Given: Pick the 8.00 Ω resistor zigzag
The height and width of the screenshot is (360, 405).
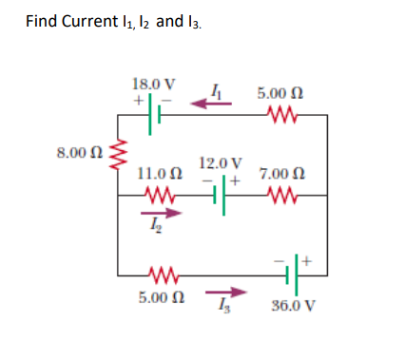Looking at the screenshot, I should pyautogui.click(x=118, y=156).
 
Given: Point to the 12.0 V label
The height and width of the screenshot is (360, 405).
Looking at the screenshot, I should pyautogui.click(x=222, y=161).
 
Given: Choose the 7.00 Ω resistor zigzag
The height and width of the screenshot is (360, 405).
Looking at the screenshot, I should pyautogui.click(x=281, y=196).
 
